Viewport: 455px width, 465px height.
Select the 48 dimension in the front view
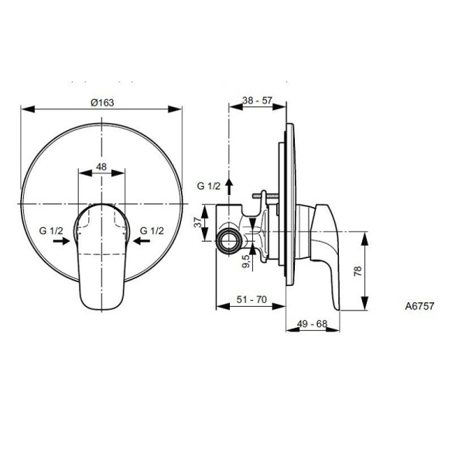pyautogui.click(x=101, y=167)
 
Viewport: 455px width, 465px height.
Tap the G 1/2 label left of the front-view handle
pyautogui.click(x=52, y=230)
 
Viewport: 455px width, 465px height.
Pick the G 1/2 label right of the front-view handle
pyautogui.click(x=151, y=230)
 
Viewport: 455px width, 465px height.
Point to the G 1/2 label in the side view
pyautogui.click(x=209, y=186)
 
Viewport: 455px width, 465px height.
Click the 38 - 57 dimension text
pyautogui.click(x=258, y=101)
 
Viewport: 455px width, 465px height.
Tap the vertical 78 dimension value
pyautogui.click(x=357, y=271)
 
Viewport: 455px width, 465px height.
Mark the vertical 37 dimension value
pyautogui.click(x=198, y=222)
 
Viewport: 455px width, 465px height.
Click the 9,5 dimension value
pyautogui.click(x=245, y=261)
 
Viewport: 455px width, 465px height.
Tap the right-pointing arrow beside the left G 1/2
pyautogui.click(x=60, y=242)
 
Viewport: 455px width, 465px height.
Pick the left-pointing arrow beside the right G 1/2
pyautogui.click(x=143, y=242)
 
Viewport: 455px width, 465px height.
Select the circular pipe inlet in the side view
pyautogui.click(x=230, y=242)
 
